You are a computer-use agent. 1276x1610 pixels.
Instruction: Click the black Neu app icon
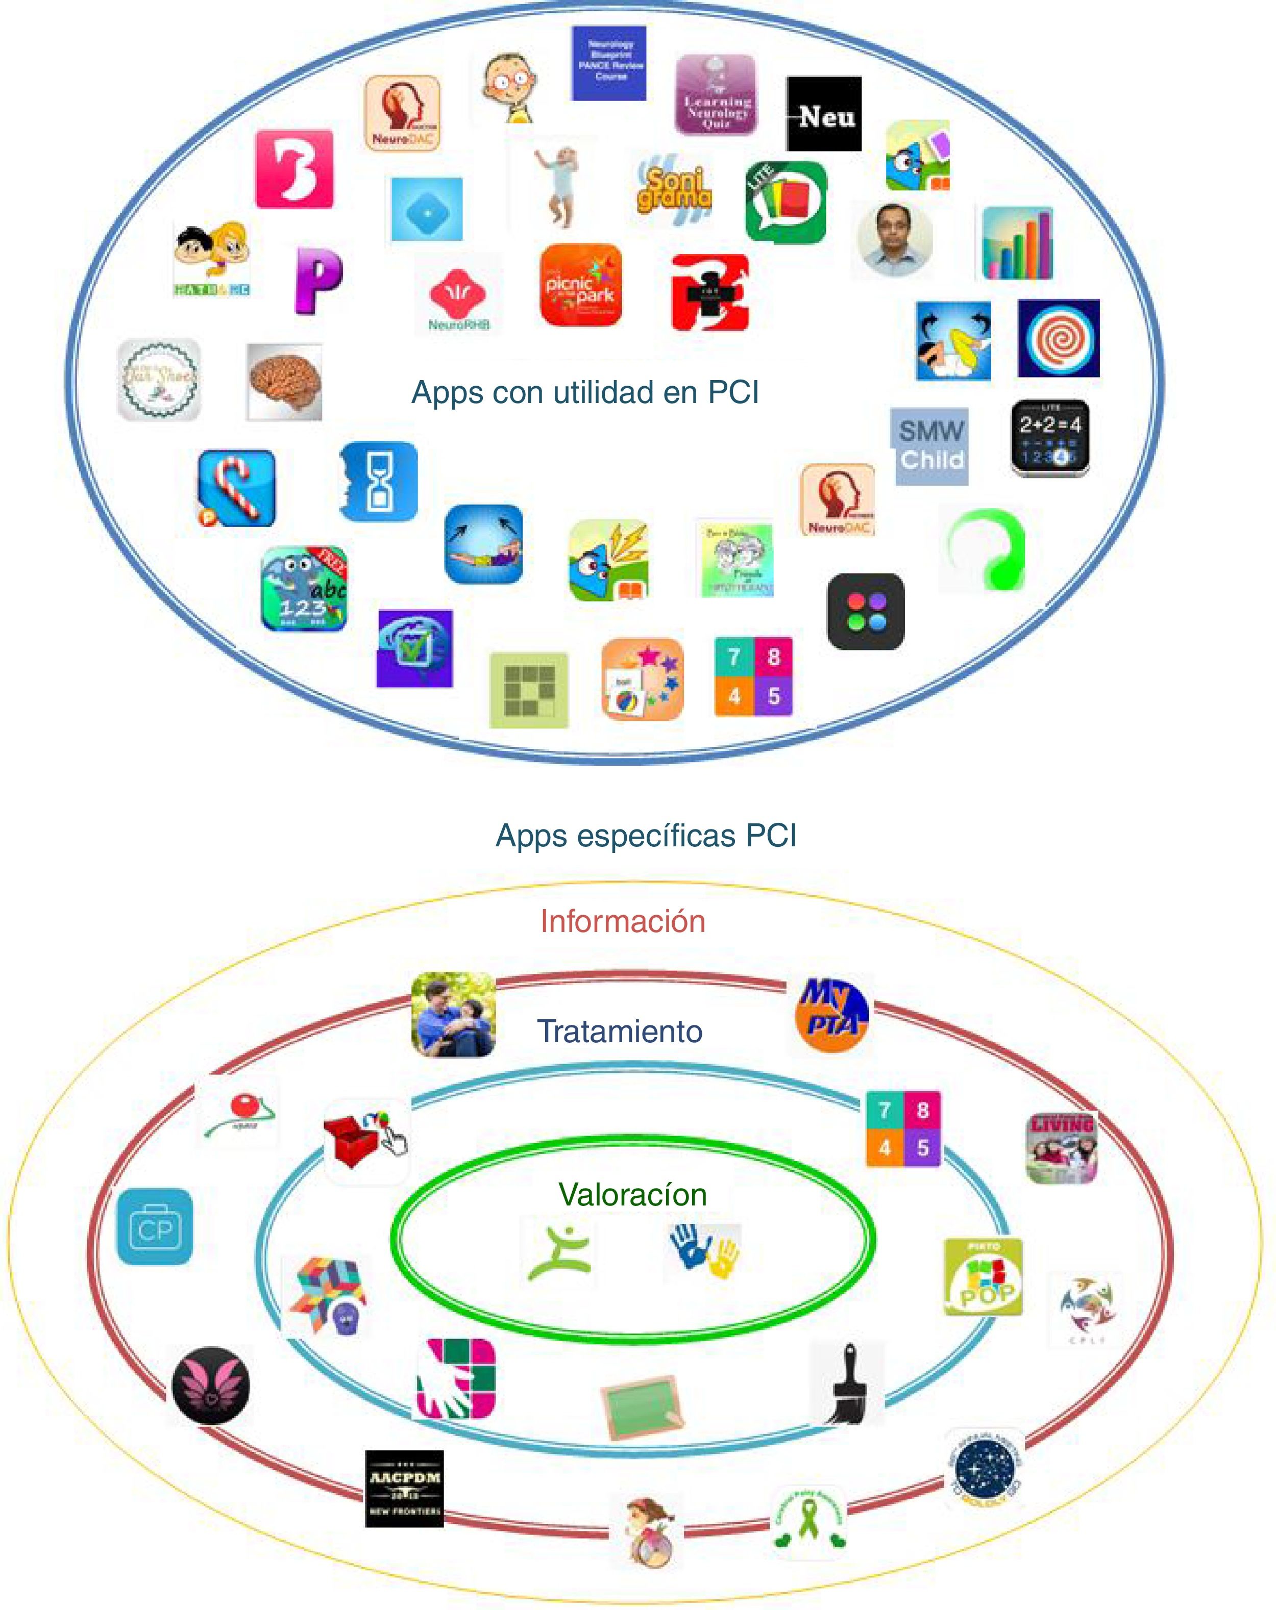coord(823,114)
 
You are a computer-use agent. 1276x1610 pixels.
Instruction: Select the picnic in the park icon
coord(580,285)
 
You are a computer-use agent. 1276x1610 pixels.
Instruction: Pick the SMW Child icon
coord(930,446)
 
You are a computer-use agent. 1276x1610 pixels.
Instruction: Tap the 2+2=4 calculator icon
coord(1049,438)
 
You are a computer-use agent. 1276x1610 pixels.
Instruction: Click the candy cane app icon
coord(237,488)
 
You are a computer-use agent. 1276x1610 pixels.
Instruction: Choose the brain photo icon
coord(285,382)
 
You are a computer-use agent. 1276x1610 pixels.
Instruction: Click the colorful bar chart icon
coord(1018,243)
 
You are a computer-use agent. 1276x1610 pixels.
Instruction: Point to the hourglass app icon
coord(378,482)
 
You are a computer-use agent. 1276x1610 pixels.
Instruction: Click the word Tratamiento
coord(619,1032)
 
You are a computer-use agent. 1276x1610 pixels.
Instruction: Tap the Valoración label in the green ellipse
coord(632,1195)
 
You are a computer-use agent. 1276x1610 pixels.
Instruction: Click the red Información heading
coord(622,921)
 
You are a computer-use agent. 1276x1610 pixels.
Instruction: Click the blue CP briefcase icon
coord(155,1227)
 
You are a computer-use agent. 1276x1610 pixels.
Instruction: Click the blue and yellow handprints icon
coord(704,1251)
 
